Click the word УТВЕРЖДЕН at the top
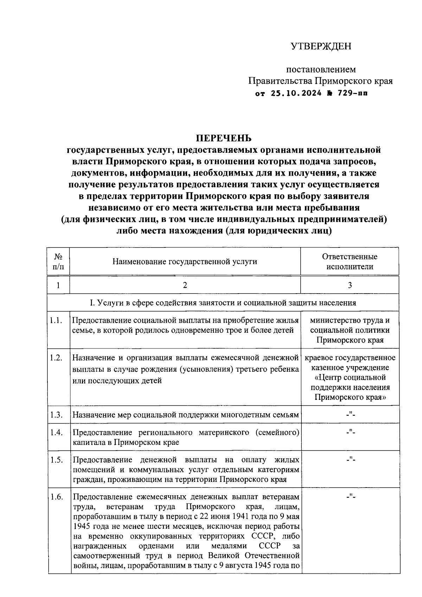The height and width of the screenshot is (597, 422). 321,46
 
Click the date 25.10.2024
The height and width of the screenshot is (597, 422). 296,94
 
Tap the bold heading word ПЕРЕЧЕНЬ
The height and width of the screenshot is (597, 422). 224,138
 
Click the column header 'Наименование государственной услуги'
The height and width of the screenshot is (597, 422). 185,262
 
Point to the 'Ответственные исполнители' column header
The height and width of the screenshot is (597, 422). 350,262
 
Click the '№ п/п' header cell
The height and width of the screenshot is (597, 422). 58,262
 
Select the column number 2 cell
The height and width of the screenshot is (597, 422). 185,285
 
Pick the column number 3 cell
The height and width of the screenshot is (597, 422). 350,285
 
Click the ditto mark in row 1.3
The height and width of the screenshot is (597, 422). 350,414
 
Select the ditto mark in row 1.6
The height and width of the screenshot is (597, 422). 350,497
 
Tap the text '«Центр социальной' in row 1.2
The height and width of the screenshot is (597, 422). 350,377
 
